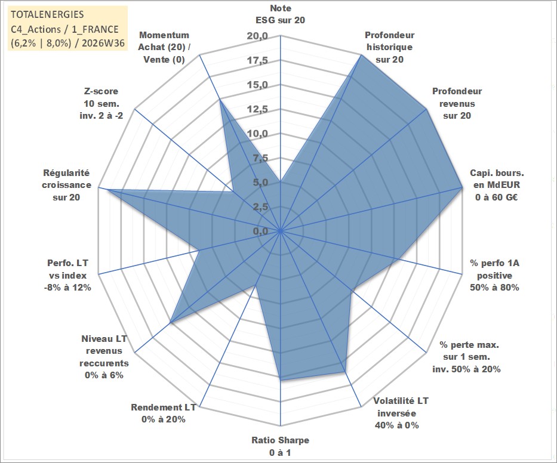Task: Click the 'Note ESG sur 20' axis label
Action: coord(280,14)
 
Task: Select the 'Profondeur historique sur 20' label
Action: coord(389,47)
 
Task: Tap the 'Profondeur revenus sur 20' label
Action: coord(457,103)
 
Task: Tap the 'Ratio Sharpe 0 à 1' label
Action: coord(280,446)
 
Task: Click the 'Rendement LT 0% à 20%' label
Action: coord(164,413)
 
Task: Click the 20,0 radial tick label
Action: coord(257,36)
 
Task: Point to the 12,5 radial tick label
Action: coord(257,109)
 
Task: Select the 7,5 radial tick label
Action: coord(260,158)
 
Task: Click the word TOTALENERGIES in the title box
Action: coord(47,14)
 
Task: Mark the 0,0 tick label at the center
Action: coord(260,231)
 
